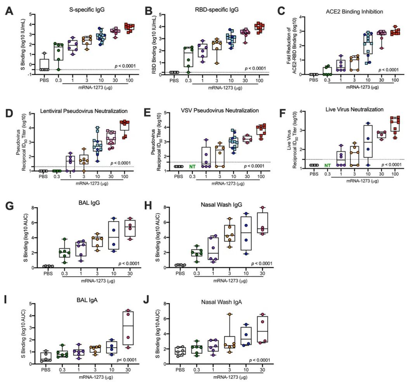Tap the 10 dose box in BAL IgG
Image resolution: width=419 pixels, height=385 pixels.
[113, 236]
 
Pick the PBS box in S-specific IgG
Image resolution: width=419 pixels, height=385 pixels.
[44, 64]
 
